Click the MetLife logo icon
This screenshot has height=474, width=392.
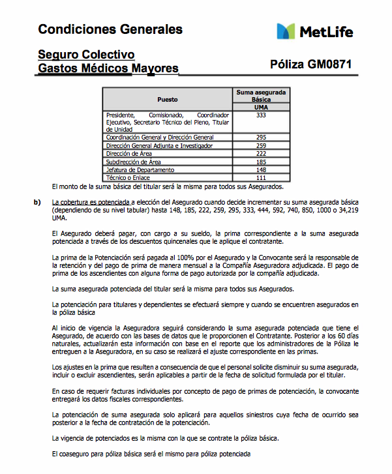click(287, 31)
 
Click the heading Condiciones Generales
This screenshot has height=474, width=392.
click(110, 29)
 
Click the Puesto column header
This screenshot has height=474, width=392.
click(168, 99)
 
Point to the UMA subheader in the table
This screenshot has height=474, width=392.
click(261, 108)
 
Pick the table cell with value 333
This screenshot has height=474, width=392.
click(261, 115)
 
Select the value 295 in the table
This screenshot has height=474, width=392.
click(261, 138)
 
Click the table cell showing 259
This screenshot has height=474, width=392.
click(261, 146)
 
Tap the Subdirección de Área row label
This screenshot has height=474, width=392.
click(134, 162)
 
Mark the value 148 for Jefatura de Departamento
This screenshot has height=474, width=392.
click(261, 170)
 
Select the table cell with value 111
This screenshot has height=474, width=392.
click(261, 177)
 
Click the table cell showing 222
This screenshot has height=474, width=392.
click(261, 154)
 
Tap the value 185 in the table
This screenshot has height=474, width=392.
click(261, 162)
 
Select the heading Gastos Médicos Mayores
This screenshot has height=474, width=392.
click(108, 68)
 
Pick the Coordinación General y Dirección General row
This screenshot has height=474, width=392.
click(160, 138)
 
